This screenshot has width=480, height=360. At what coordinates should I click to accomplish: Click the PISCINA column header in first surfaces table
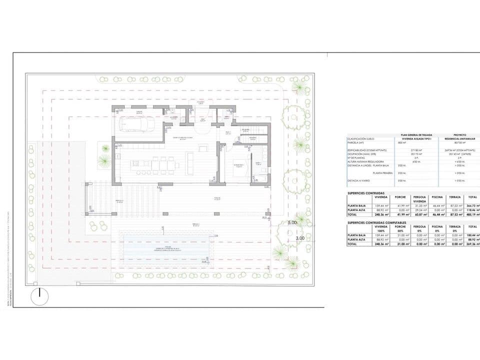(x=437, y=197)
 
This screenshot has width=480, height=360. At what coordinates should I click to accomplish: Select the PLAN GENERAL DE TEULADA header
(x=412, y=135)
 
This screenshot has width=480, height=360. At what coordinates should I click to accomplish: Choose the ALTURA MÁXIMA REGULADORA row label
(x=365, y=161)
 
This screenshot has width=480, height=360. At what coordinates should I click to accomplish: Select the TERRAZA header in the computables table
(x=454, y=226)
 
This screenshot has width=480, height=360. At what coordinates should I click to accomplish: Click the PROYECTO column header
(x=459, y=135)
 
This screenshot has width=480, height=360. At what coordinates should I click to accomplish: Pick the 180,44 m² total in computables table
(x=472, y=234)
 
